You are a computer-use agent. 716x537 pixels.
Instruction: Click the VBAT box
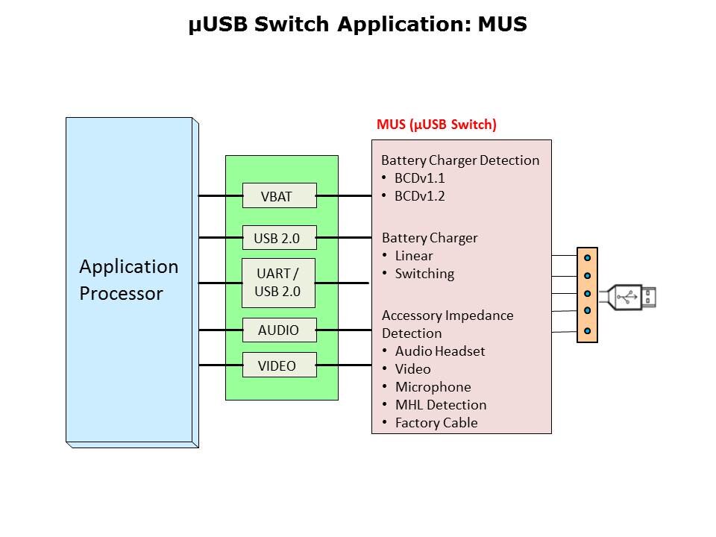[279, 196]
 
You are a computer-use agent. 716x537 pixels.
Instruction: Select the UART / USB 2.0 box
[279, 283]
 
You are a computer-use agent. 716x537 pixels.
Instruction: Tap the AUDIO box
[279, 330]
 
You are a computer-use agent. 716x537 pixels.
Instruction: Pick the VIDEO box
[279, 365]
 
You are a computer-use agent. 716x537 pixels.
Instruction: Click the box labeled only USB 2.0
[279, 238]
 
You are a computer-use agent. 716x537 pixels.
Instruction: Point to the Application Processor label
[128, 280]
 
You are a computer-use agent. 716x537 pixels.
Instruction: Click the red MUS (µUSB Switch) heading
[436, 125]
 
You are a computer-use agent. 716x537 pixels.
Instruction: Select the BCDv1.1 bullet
[419, 178]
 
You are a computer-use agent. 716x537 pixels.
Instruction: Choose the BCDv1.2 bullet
[419, 196]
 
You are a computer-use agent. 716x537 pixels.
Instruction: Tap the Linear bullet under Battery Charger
[413, 256]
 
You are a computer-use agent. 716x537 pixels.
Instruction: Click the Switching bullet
[424, 274]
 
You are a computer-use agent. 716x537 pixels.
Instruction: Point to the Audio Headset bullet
[439, 351]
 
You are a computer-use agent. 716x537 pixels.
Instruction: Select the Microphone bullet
[433, 387]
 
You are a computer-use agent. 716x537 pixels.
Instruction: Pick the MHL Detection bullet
[440, 405]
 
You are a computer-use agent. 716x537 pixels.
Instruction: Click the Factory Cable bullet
[436, 423]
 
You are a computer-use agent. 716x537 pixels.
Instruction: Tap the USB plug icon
[632, 296]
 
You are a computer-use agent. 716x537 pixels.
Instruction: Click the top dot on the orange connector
[588, 257]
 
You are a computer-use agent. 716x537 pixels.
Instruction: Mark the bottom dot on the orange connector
[588, 330]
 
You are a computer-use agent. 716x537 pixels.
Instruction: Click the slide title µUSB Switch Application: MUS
[358, 25]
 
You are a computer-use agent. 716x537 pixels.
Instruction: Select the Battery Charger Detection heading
[459, 160]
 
